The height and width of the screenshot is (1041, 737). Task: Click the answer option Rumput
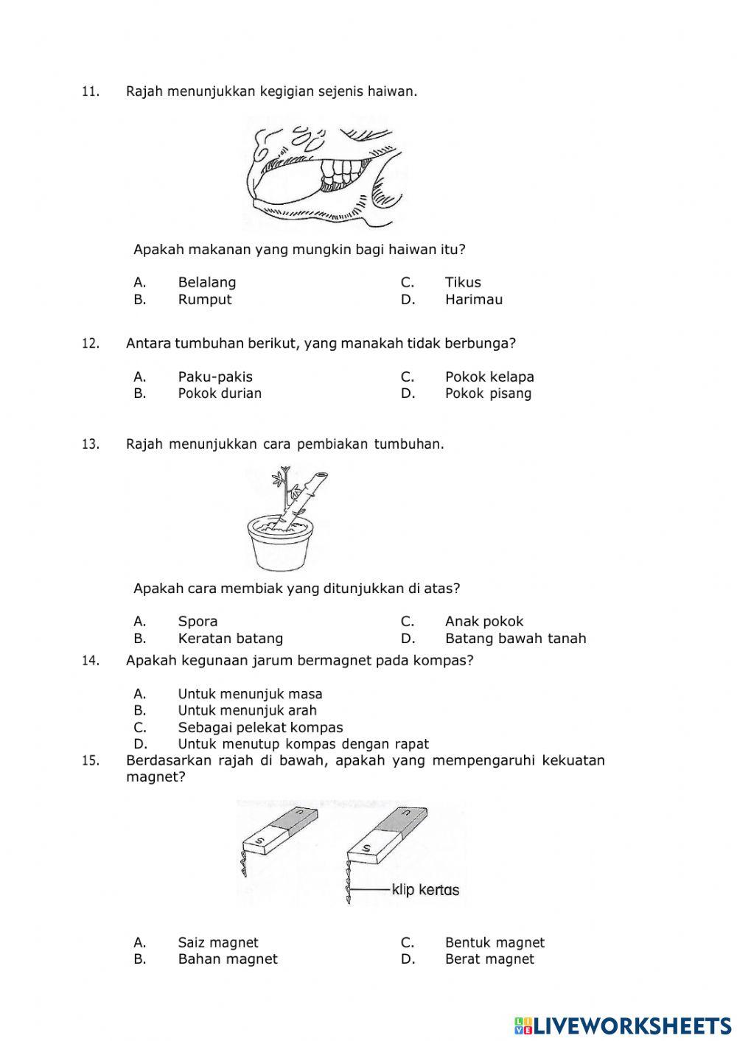point(204,300)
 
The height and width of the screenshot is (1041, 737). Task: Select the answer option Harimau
point(473,300)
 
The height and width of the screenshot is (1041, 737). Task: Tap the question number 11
point(90,92)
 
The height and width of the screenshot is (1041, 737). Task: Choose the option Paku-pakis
point(214,376)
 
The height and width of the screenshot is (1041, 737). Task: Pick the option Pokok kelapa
point(489,376)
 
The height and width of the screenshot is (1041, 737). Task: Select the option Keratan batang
point(230,639)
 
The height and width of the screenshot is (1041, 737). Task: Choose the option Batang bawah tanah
point(515,639)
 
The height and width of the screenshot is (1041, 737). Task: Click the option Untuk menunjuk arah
point(247,711)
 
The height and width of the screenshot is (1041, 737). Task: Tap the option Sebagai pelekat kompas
point(260,728)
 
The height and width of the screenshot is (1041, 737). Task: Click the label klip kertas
point(425,890)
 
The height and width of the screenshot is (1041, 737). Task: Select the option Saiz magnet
point(218,942)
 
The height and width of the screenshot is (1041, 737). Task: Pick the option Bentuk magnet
point(495,942)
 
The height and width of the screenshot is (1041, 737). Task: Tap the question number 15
point(90,761)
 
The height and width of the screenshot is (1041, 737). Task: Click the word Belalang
point(206,282)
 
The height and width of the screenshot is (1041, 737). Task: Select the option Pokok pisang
point(488,393)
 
